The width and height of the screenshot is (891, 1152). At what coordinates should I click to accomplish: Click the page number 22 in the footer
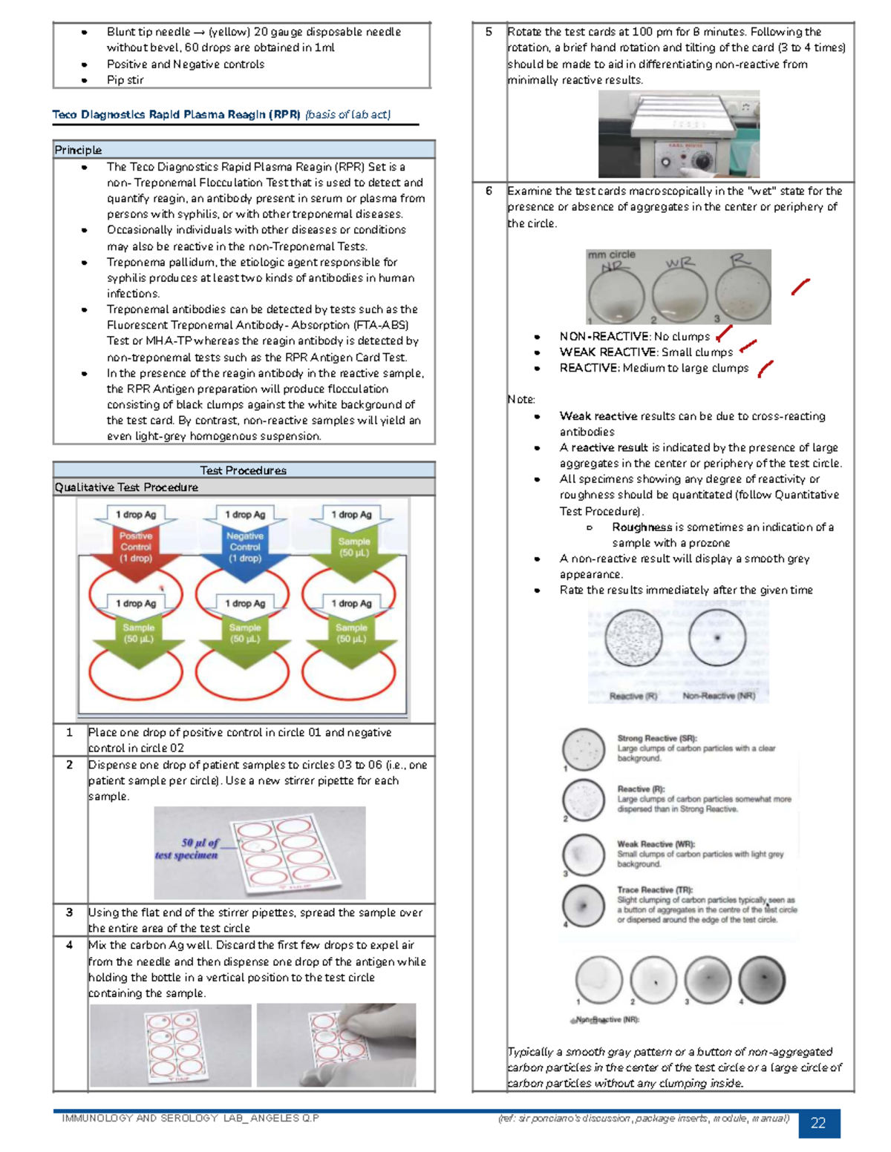tap(818, 1123)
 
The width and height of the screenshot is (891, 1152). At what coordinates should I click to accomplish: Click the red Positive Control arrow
tap(136, 547)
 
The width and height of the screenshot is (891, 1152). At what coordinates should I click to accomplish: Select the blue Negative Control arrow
tap(244, 547)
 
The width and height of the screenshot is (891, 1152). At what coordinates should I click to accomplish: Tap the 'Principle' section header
tap(78, 150)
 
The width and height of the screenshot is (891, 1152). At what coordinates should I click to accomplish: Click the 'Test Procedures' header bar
tap(243, 470)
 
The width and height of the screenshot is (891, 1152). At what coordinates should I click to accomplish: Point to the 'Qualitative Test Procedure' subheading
tap(126, 487)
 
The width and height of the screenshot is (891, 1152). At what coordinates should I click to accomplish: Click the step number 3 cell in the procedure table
tap(70, 912)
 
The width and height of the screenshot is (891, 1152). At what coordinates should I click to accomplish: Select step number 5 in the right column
tap(489, 32)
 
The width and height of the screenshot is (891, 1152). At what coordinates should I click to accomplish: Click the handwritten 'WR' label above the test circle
tap(679, 263)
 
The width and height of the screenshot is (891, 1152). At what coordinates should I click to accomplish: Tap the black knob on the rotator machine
tap(697, 159)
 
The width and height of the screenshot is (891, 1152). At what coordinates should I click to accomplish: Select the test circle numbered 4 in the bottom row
tap(762, 978)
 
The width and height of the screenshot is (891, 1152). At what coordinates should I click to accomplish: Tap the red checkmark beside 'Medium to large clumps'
tap(765, 368)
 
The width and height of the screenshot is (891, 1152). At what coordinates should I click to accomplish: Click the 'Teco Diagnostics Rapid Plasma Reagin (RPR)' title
tap(176, 114)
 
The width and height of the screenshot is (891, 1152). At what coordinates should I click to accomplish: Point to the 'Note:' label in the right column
tap(521, 399)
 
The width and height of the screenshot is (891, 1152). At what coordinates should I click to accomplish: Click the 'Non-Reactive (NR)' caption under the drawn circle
tap(718, 696)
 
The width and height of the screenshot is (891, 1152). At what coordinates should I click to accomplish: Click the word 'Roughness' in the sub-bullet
tap(642, 527)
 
